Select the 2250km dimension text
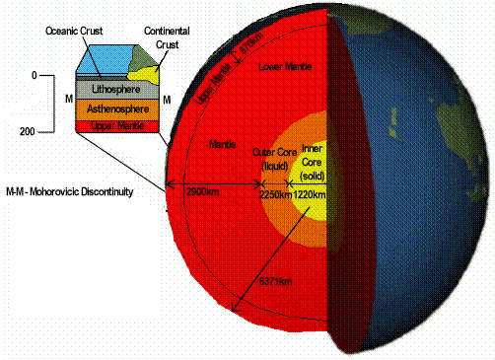[x=274, y=194]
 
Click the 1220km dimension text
[x=309, y=194]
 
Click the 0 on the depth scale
[x=33, y=74]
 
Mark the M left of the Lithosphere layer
[x=67, y=99]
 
